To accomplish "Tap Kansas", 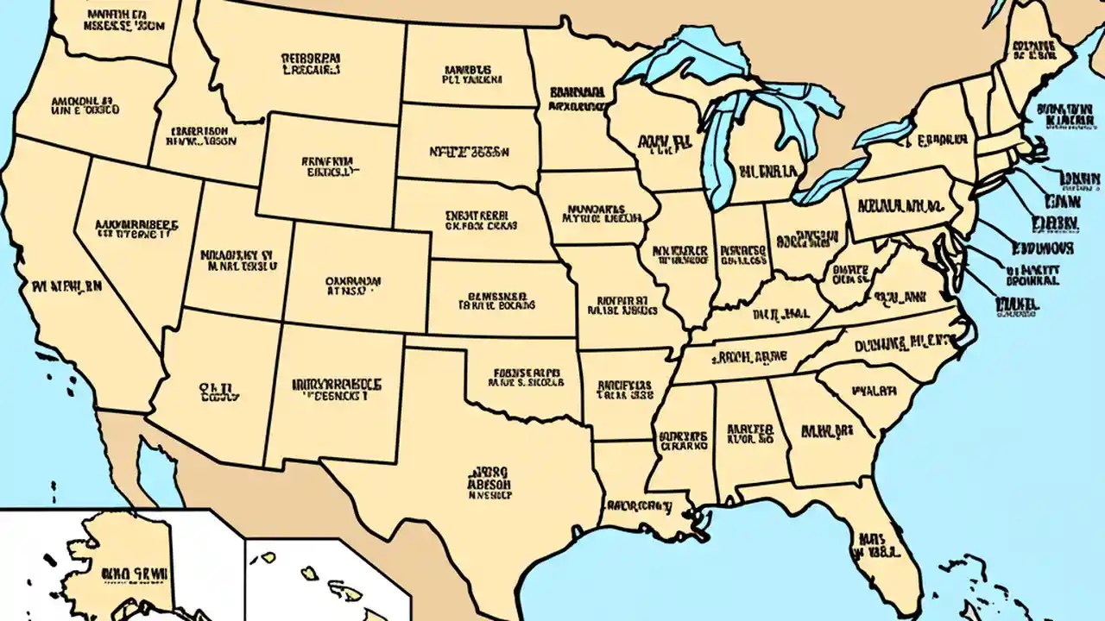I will point(501,298).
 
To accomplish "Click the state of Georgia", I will point(824,431).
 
